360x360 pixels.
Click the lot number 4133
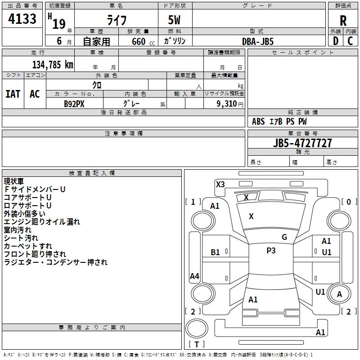point(22,19)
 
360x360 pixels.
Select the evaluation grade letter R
point(343,20)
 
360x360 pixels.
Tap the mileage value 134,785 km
point(53,65)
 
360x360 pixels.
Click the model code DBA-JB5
point(257,41)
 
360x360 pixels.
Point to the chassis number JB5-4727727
point(303,143)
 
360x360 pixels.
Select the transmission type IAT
point(13,94)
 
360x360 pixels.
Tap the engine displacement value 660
point(139,41)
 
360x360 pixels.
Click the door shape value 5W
point(175,21)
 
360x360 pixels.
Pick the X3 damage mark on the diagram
point(220,184)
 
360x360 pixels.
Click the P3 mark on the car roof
point(271,251)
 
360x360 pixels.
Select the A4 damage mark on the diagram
point(194,276)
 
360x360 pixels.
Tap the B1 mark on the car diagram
point(216,252)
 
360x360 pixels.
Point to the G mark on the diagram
point(284,237)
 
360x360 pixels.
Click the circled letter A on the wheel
point(340,294)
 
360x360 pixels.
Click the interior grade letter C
point(350,41)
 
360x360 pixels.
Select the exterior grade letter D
point(335,41)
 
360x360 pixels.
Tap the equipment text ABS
point(258,121)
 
